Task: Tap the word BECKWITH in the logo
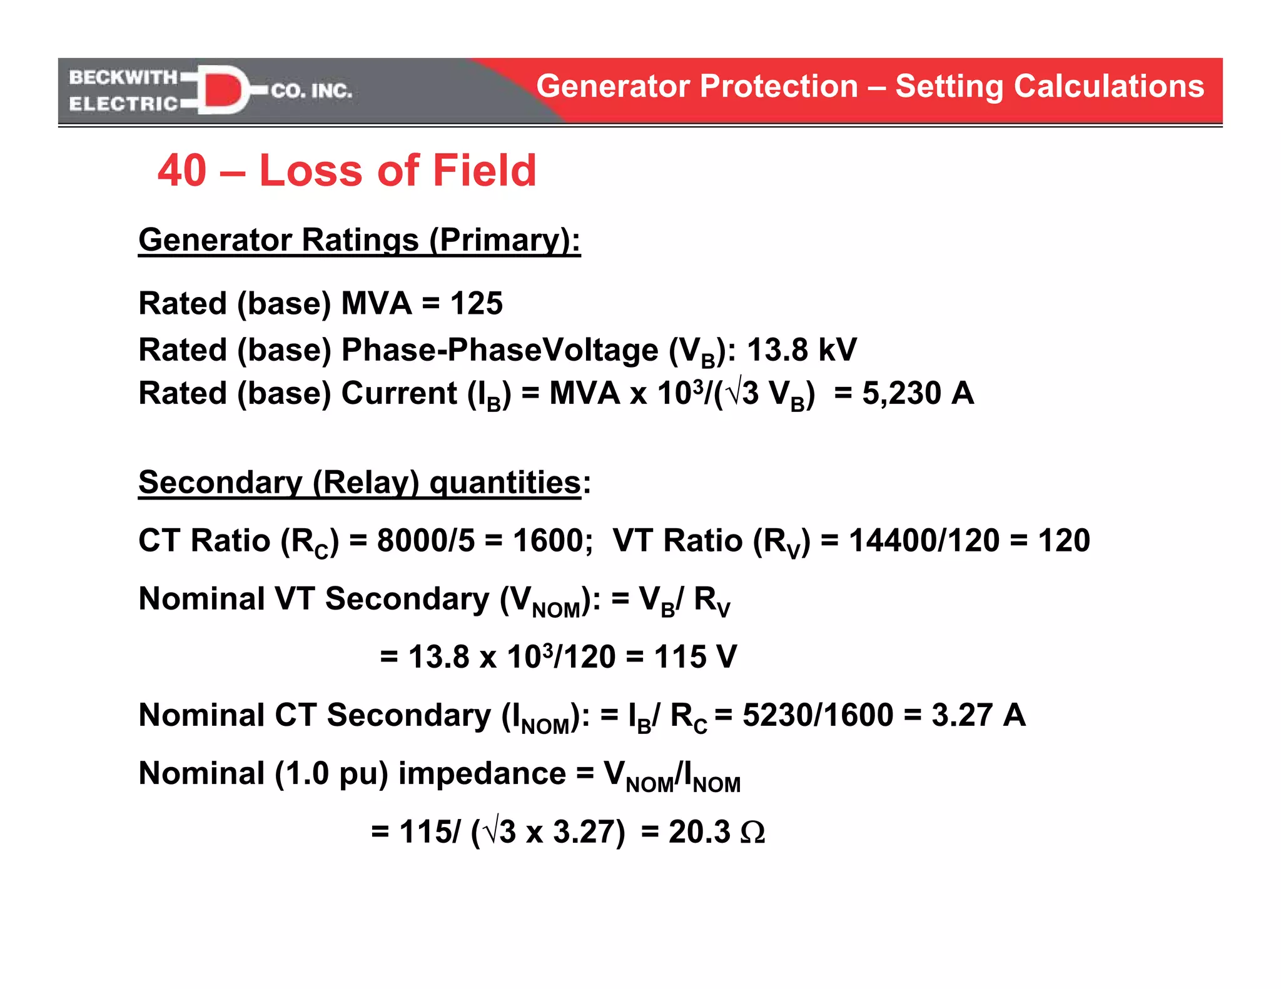point(123,77)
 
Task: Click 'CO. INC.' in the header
point(311,91)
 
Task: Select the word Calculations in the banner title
point(1109,86)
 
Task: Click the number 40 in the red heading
point(182,170)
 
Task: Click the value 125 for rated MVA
point(477,304)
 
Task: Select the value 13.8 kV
point(802,349)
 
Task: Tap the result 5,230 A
point(918,393)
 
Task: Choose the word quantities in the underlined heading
point(505,482)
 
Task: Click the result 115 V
point(696,657)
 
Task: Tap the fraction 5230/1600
point(818,715)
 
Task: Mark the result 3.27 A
point(978,715)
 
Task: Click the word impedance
point(482,773)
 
